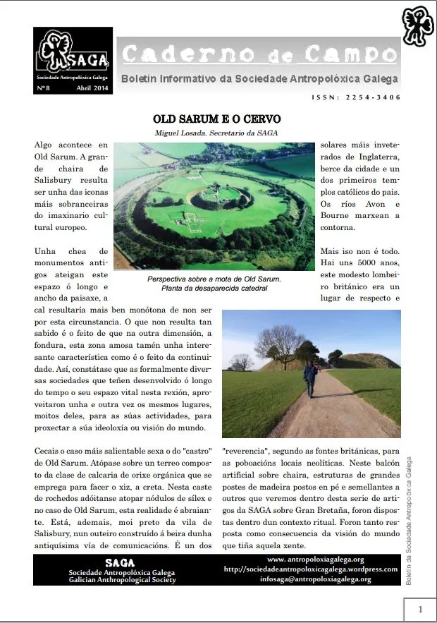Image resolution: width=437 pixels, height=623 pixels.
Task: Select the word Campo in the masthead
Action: (351, 54)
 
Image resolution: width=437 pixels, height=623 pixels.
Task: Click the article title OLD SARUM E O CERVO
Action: (217, 119)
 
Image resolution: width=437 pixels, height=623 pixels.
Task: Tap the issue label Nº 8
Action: (44, 89)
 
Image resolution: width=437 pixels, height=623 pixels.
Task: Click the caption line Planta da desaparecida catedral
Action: (214, 288)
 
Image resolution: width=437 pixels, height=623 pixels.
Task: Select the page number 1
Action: (419, 609)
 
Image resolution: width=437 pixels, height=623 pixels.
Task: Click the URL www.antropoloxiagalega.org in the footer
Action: (311, 560)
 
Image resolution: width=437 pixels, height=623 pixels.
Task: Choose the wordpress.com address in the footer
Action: (311, 569)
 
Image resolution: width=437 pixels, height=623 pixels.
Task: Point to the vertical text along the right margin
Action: (410, 519)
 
